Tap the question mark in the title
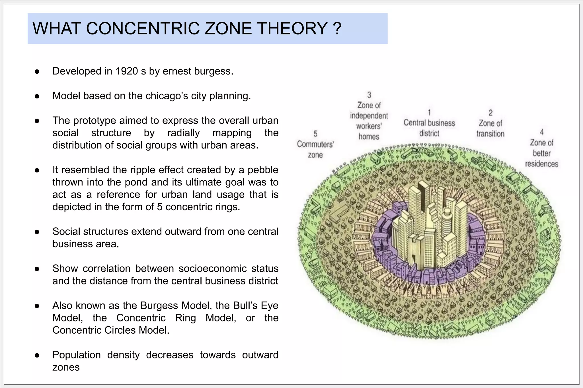click(x=336, y=28)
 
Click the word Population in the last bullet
click(x=77, y=355)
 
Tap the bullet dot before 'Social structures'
click(x=37, y=232)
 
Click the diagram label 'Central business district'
click(x=429, y=128)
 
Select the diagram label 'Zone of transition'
click(x=490, y=128)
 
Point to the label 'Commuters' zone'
click(x=315, y=149)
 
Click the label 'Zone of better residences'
click(x=541, y=153)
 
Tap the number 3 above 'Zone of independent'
click(x=369, y=95)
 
